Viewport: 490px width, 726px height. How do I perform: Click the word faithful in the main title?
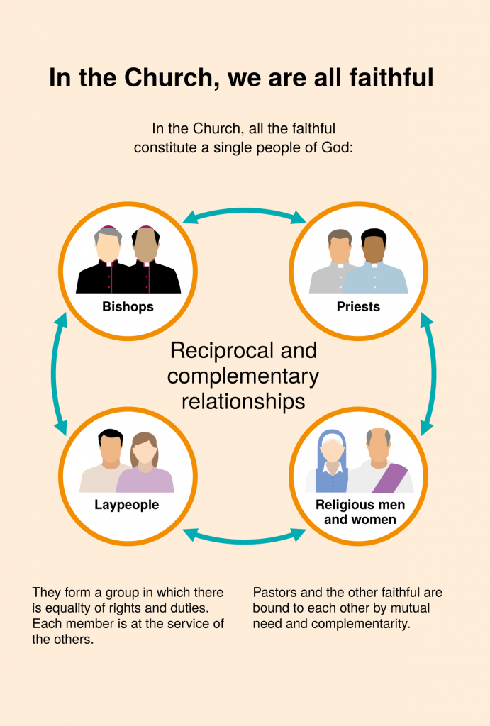coord(391,77)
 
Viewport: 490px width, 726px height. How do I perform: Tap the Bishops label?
coord(128,306)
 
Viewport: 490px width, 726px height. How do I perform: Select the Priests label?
coord(358,306)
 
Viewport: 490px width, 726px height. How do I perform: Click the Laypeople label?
coord(126,505)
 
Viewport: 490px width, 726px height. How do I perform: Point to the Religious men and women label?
coord(360,512)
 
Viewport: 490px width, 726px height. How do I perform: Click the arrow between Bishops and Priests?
coord(244,211)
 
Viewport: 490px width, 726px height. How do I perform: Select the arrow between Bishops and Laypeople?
coord(55,374)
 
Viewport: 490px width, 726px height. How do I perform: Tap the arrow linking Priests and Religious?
coord(433,374)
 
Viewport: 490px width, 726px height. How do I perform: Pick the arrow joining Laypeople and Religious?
coord(244,540)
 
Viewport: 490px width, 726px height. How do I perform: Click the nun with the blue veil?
coord(331,463)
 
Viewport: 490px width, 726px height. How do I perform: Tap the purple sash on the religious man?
coord(390,478)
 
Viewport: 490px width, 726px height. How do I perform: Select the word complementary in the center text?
coord(243,376)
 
